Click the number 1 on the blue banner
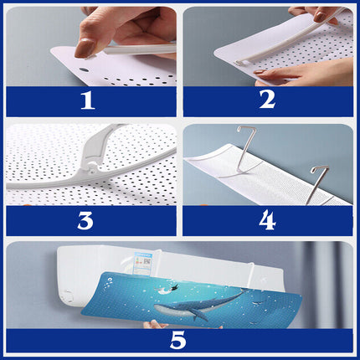[x=88, y=100]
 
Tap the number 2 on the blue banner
[x=267, y=100]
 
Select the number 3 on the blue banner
[x=85, y=221]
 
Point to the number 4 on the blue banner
[x=267, y=220]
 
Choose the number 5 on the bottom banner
[x=177, y=340]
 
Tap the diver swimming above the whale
[x=167, y=290]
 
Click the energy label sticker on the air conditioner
[x=143, y=263]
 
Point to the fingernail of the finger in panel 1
[x=84, y=48]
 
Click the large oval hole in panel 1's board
[x=83, y=69]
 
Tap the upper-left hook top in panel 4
[x=246, y=129]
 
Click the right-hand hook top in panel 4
[x=320, y=168]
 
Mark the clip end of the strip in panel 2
[x=239, y=63]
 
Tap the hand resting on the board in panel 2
[x=301, y=73]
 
